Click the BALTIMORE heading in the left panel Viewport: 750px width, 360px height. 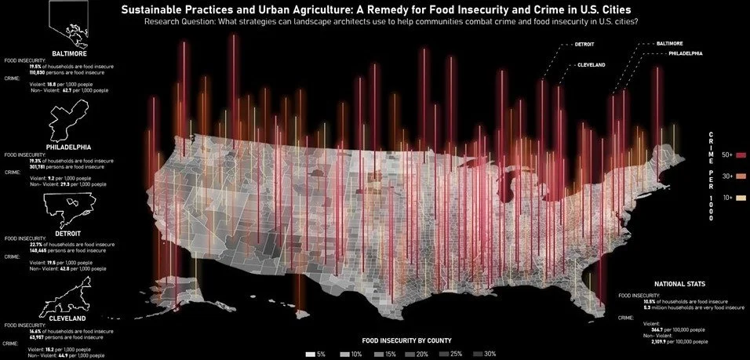pos(69,53)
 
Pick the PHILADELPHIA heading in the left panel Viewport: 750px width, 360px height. pos(69,147)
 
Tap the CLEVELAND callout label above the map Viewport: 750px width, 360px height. pos(592,64)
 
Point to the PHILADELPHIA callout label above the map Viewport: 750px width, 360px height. pos(685,53)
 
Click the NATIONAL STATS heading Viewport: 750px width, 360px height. pos(679,282)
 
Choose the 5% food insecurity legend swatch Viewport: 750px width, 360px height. pos(311,354)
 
